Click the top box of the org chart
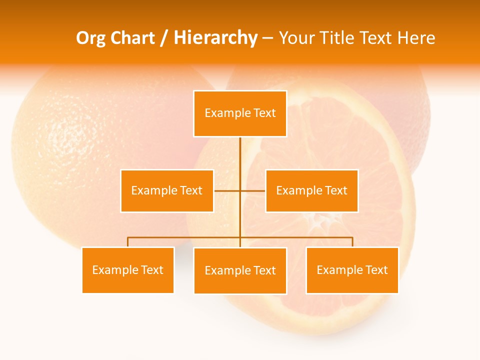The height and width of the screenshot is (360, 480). point(240,113)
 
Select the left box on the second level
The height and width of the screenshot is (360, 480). point(167,190)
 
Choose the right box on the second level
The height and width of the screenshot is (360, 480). point(311,190)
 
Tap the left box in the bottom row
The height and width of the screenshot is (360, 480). point(128,270)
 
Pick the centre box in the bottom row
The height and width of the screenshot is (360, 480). point(240,270)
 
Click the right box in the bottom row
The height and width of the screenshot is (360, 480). point(352,270)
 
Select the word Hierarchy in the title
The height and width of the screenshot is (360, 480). point(215,38)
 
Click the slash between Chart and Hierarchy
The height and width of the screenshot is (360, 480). point(163,38)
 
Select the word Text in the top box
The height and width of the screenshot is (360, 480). point(265,113)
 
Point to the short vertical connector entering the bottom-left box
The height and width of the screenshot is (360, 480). point(128,242)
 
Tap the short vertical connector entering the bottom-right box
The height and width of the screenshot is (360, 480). point(352,242)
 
